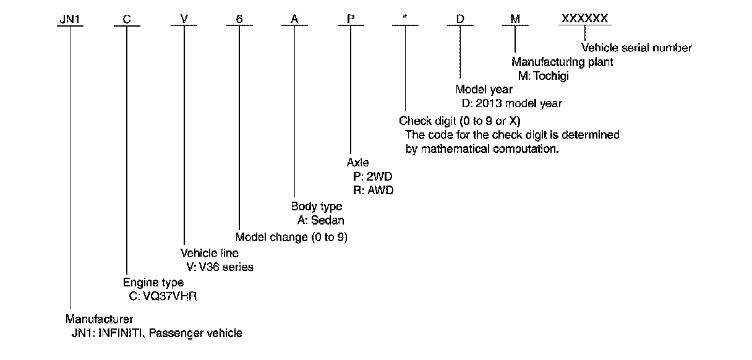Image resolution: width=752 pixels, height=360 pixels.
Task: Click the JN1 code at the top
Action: [69, 19]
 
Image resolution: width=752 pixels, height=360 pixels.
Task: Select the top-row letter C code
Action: [126, 19]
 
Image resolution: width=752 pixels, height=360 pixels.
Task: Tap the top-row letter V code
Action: [184, 19]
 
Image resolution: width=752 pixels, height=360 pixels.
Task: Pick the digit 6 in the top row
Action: [239, 19]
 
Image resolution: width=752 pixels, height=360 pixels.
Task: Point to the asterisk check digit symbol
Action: [405, 19]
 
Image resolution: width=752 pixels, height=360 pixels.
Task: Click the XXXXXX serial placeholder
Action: [584, 19]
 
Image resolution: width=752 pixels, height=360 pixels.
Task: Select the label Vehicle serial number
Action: [636, 48]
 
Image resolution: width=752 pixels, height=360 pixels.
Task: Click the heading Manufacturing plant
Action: [562, 62]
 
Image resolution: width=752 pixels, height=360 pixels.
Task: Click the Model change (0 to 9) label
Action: [291, 237]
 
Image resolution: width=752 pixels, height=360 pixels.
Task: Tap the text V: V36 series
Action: [216, 267]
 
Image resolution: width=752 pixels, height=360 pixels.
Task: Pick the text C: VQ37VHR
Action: [163, 296]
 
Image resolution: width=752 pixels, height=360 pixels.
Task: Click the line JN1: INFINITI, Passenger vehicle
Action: [156, 333]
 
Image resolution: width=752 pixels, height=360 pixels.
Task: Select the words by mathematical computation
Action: [482, 149]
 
